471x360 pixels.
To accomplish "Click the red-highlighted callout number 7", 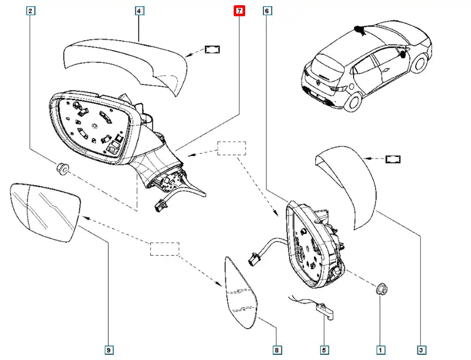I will click(x=239, y=10).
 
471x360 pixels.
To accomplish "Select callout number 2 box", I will click(x=31, y=10).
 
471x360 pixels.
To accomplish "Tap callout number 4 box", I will click(x=139, y=10).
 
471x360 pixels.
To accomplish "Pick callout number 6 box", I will click(x=267, y=10).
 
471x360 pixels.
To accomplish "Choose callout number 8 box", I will click(x=276, y=350).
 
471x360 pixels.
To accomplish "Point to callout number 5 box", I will click(x=324, y=350).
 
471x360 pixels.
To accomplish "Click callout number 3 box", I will click(x=421, y=350).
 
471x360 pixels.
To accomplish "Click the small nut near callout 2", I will click(x=63, y=169).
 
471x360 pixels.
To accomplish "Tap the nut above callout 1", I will click(x=381, y=287).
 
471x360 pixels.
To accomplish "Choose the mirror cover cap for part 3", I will click(x=349, y=183).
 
